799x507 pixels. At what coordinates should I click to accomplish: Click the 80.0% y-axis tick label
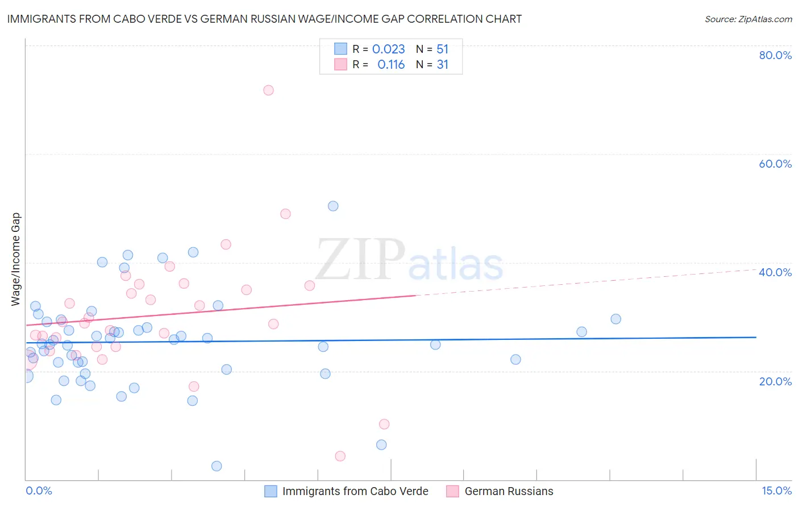click(775, 55)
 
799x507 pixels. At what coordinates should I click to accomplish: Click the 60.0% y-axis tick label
click(775, 164)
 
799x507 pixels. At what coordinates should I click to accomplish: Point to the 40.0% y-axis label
click(775, 272)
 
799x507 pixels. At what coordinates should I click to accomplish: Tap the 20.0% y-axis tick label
click(775, 381)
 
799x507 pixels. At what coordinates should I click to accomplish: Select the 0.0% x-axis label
click(39, 491)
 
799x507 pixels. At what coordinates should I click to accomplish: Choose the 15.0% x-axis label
click(776, 491)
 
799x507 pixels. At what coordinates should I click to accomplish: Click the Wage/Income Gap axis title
click(16, 259)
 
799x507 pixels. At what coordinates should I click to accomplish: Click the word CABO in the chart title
click(135, 19)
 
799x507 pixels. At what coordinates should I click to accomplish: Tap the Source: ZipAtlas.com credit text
click(748, 19)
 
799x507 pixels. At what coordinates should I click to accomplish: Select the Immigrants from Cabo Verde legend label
click(355, 491)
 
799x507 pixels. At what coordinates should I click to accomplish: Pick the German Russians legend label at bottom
click(509, 491)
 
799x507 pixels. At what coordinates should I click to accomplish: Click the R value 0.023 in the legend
click(388, 49)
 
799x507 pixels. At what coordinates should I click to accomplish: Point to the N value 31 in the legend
click(442, 65)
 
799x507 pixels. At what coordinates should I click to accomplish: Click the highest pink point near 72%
click(268, 90)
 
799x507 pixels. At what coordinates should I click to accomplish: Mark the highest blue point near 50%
click(333, 206)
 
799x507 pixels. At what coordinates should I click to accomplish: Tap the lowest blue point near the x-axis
click(217, 466)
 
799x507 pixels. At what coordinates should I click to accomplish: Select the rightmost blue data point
click(615, 319)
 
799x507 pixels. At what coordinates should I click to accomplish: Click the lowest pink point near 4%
click(340, 456)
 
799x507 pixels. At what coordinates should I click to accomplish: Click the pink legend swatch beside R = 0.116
click(340, 64)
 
